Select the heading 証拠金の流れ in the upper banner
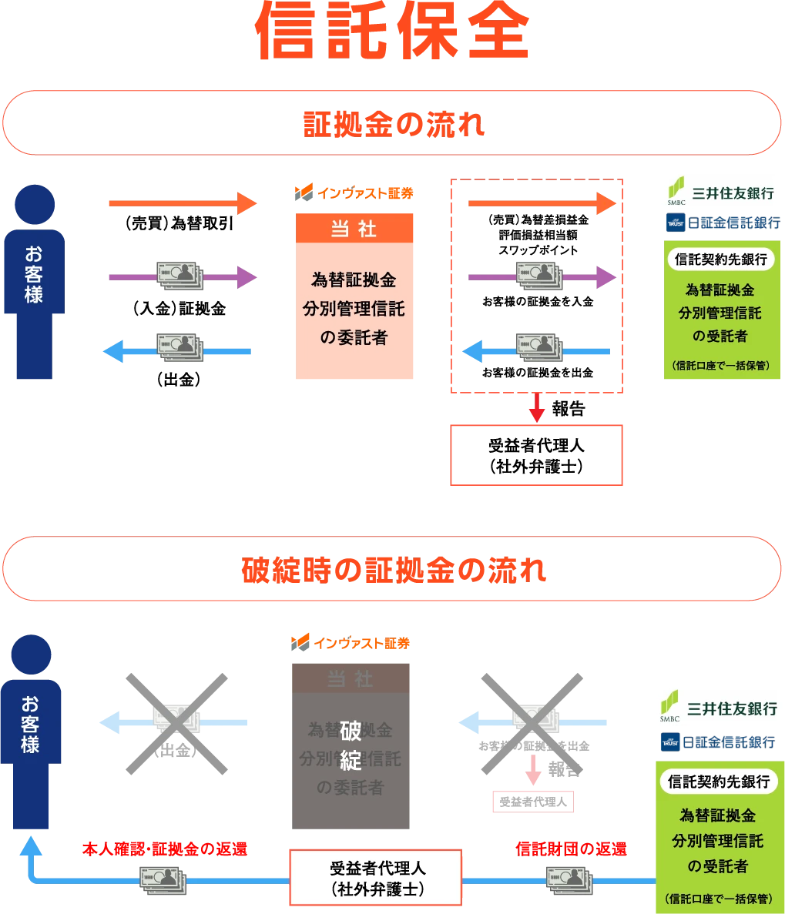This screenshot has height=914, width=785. [393, 125]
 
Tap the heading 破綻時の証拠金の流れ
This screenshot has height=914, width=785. [393, 571]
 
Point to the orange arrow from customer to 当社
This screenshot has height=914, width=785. [181, 203]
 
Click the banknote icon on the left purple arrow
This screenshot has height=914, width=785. [179, 276]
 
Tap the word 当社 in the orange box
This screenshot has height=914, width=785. [357, 229]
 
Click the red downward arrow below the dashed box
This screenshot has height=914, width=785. [537, 409]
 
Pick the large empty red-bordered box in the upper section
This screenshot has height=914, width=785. [536, 454]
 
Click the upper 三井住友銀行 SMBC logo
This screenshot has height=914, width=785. [720, 192]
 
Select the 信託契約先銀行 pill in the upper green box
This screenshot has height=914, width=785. [720, 259]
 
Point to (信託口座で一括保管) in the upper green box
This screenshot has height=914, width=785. [721, 364]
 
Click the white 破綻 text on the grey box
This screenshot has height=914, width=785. [351, 745]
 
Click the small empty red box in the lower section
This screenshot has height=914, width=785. [534, 802]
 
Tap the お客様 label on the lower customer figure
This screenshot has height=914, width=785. [31, 723]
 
